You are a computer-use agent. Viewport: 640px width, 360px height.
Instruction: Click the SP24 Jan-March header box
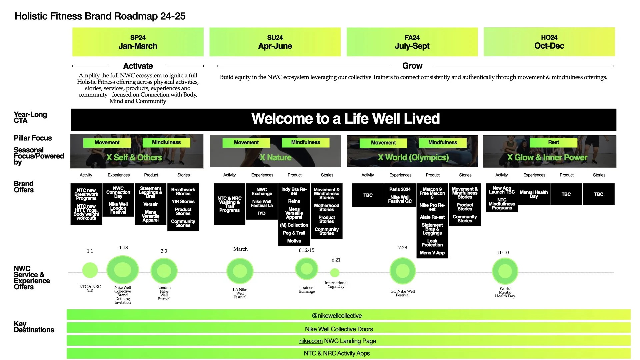[x=138, y=42]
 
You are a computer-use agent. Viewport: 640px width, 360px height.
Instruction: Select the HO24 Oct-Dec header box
[x=549, y=42]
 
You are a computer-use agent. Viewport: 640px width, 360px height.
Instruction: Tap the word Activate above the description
[x=138, y=66]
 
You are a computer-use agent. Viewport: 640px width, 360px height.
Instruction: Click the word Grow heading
[x=412, y=66]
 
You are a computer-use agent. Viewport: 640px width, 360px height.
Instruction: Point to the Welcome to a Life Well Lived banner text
[x=345, y=119]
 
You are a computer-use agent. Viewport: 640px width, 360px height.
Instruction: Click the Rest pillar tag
[x=553, y=142]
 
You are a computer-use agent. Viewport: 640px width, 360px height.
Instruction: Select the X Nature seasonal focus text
[x=275, y=157]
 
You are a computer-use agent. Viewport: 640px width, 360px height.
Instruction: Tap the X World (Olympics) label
[x=413, y=157]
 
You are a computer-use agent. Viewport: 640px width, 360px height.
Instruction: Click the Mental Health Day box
[x=534, y=194]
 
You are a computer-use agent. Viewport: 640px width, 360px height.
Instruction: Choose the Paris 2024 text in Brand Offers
[x=400, y=189]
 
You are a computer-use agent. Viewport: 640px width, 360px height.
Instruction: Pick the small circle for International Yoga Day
[x=335, y=273]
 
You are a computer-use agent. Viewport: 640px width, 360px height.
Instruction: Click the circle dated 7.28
[x=403, y=271]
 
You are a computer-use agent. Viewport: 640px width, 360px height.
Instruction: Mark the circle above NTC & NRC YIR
[x=90, y=270]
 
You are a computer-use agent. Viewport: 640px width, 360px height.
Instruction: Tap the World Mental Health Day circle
[x=505, y=271]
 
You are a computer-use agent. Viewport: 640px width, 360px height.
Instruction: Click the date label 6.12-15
[x=307, y=250]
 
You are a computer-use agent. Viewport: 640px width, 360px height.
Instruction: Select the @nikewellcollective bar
[x=337, y=316]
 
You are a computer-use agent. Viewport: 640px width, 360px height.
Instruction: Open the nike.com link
[x=311, y=341]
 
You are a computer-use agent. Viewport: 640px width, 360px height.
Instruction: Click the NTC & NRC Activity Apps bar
[x=337, y=353]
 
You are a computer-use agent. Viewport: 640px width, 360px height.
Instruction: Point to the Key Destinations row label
[x=34, y=327]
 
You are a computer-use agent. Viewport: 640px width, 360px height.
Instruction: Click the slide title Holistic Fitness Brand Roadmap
[x=100, y=16]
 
